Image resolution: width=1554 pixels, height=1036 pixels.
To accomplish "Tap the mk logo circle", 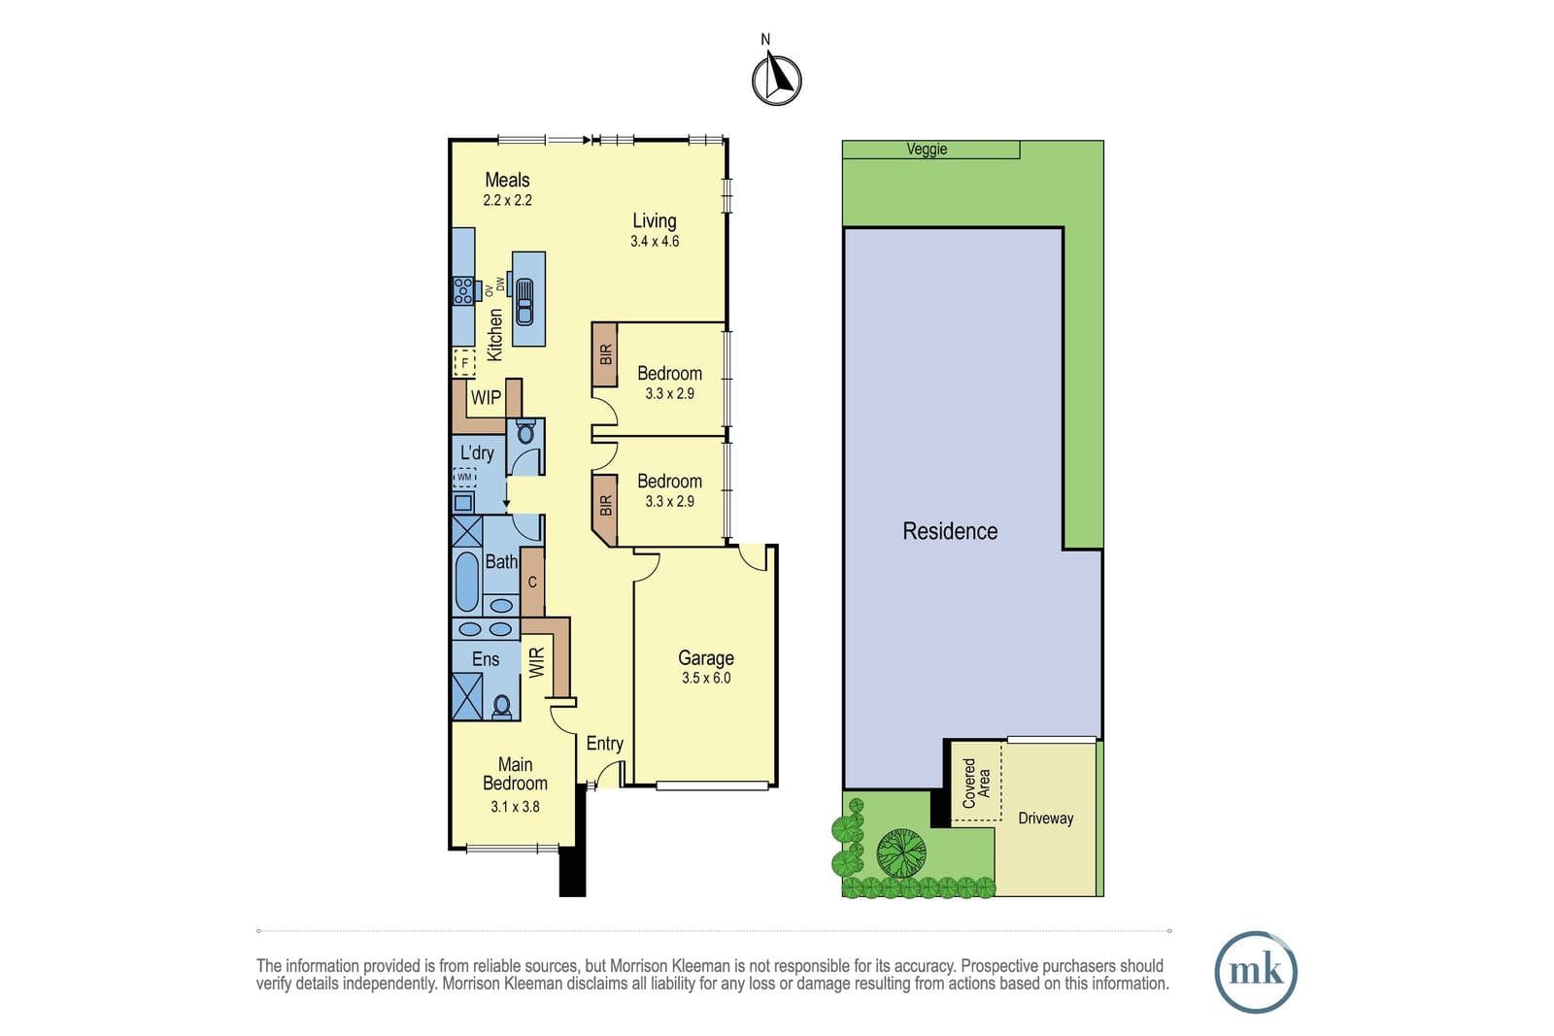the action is click(x=1256, y=972).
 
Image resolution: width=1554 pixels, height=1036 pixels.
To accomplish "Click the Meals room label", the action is click(x=507, y=181).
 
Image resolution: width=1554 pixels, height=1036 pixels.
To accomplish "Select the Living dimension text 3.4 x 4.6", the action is click(x=655, y=242).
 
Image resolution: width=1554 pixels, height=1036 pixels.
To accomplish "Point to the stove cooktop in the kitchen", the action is click(x=463, y=290).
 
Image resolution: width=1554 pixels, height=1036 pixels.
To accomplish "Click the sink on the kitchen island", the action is click(x=524, y=302).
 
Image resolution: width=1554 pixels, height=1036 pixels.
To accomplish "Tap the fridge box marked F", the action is click(x=464, y=363).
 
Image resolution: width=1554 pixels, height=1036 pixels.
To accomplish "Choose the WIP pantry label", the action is click(x=486, y=397).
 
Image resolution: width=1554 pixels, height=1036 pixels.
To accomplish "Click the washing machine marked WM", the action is click(x=464, y=477).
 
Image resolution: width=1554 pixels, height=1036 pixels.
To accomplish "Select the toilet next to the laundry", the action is click(x=525, y=432).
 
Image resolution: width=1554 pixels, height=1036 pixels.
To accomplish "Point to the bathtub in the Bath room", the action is click(x=467, y=581).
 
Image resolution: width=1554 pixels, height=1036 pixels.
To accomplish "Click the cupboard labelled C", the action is click(x=532, y=582).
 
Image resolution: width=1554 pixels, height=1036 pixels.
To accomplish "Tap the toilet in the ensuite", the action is click(x=501, y=705).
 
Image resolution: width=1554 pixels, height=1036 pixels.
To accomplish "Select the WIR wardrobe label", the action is click(x=537, y=662).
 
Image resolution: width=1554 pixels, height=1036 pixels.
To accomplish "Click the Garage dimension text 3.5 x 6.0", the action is click(x=705, y=678).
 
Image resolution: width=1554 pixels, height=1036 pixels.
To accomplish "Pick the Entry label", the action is click(x=604, y=744).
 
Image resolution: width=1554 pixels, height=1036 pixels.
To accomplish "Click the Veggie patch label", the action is click(x=927, y=150).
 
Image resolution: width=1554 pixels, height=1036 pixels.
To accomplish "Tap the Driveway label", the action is click(x=1045, y=819).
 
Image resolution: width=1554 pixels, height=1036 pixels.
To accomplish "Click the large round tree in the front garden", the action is click(x=901, y=852).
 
